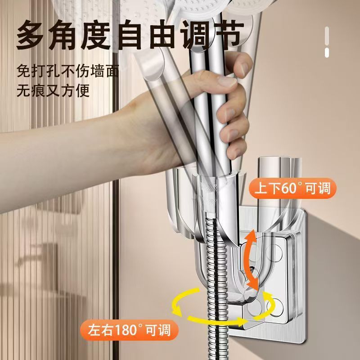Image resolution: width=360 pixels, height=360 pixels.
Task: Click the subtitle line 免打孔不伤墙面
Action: click(67, 71)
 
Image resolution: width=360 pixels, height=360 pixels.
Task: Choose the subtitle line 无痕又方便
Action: click(53, 90)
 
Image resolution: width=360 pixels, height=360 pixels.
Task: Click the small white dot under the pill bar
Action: click(327, 54)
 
